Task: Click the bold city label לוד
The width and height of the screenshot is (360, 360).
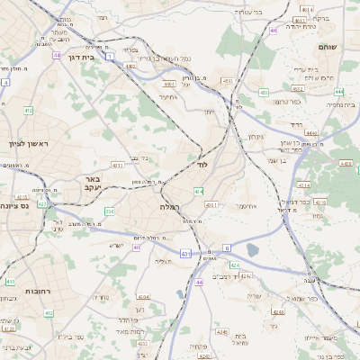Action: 201,166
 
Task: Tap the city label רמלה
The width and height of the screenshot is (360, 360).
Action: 171,206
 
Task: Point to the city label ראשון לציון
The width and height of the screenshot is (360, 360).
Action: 26,144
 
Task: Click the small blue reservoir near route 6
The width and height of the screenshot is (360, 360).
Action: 252,249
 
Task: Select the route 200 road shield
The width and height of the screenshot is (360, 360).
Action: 110,211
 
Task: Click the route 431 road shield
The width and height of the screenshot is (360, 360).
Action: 186,255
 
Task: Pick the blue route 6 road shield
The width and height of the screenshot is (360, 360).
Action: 228,247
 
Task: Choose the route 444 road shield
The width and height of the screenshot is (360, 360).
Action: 338,92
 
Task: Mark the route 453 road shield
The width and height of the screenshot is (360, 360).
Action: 264,92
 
